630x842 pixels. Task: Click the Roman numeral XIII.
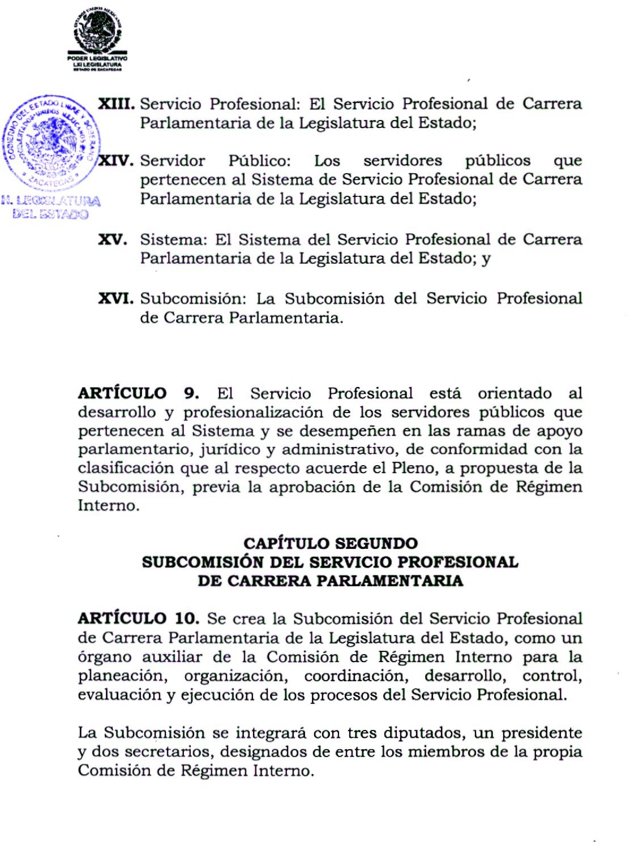point(116,104)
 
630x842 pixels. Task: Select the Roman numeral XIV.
point(117,161)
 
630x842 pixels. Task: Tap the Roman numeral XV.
point(113,239)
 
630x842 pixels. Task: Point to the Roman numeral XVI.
point(116,298)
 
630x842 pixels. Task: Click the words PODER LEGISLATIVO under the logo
point(97,58)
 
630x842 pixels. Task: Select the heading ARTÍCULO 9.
point(139,393)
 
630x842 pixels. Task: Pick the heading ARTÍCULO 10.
point(139,618)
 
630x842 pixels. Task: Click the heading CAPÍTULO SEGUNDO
point(331,543)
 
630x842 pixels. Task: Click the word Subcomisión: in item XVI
point(194,298)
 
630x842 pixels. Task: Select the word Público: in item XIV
point(259,161)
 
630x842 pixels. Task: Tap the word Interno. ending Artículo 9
point(109,505)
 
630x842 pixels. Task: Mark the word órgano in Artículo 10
point(105,657)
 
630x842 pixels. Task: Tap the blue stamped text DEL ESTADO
point(50,214)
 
